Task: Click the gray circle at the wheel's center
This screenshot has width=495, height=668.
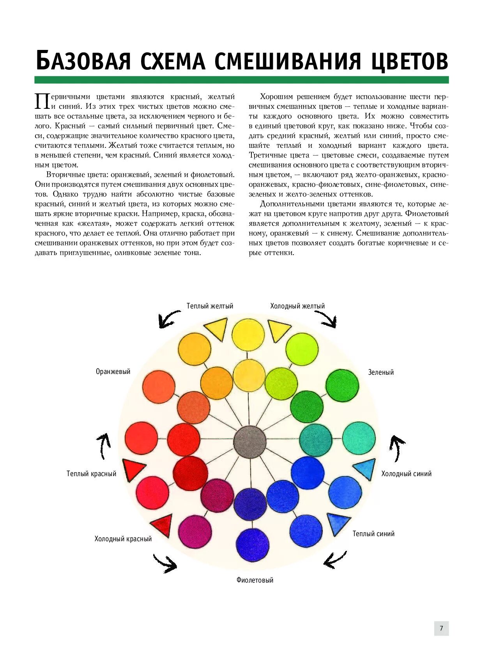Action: pyautogui.click(x=250, y=442)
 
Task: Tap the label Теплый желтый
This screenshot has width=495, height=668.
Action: pyautogui.click(x=210, y=306)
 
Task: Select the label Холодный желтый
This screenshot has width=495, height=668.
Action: pyautogui.click(x=297, y=306)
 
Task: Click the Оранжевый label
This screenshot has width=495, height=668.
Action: pyautogui.click(x=113, y=372)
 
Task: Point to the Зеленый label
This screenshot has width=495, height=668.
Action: pyautogui.click(x=381, y=372)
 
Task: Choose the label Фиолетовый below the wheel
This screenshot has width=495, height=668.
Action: pyautogui.click(x=255, y=580)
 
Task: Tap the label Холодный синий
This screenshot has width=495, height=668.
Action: pyautogui.click(x=407, y=474)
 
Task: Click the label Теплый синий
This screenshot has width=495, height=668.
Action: pyautogui.click(x=373, y=534)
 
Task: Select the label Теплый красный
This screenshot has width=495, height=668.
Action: pyautogui.click(x=92, y=474)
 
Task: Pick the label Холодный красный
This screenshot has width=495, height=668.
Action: pyautogui.click(x=123, y=539)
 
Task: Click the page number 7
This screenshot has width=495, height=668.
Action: pyautogui.click(x=441, y=628)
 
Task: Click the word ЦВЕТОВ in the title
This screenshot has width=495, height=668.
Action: pyautogui.click(x=409, y=61)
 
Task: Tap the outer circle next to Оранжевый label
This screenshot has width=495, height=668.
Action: pyautogui.click(x=159, y=387)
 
